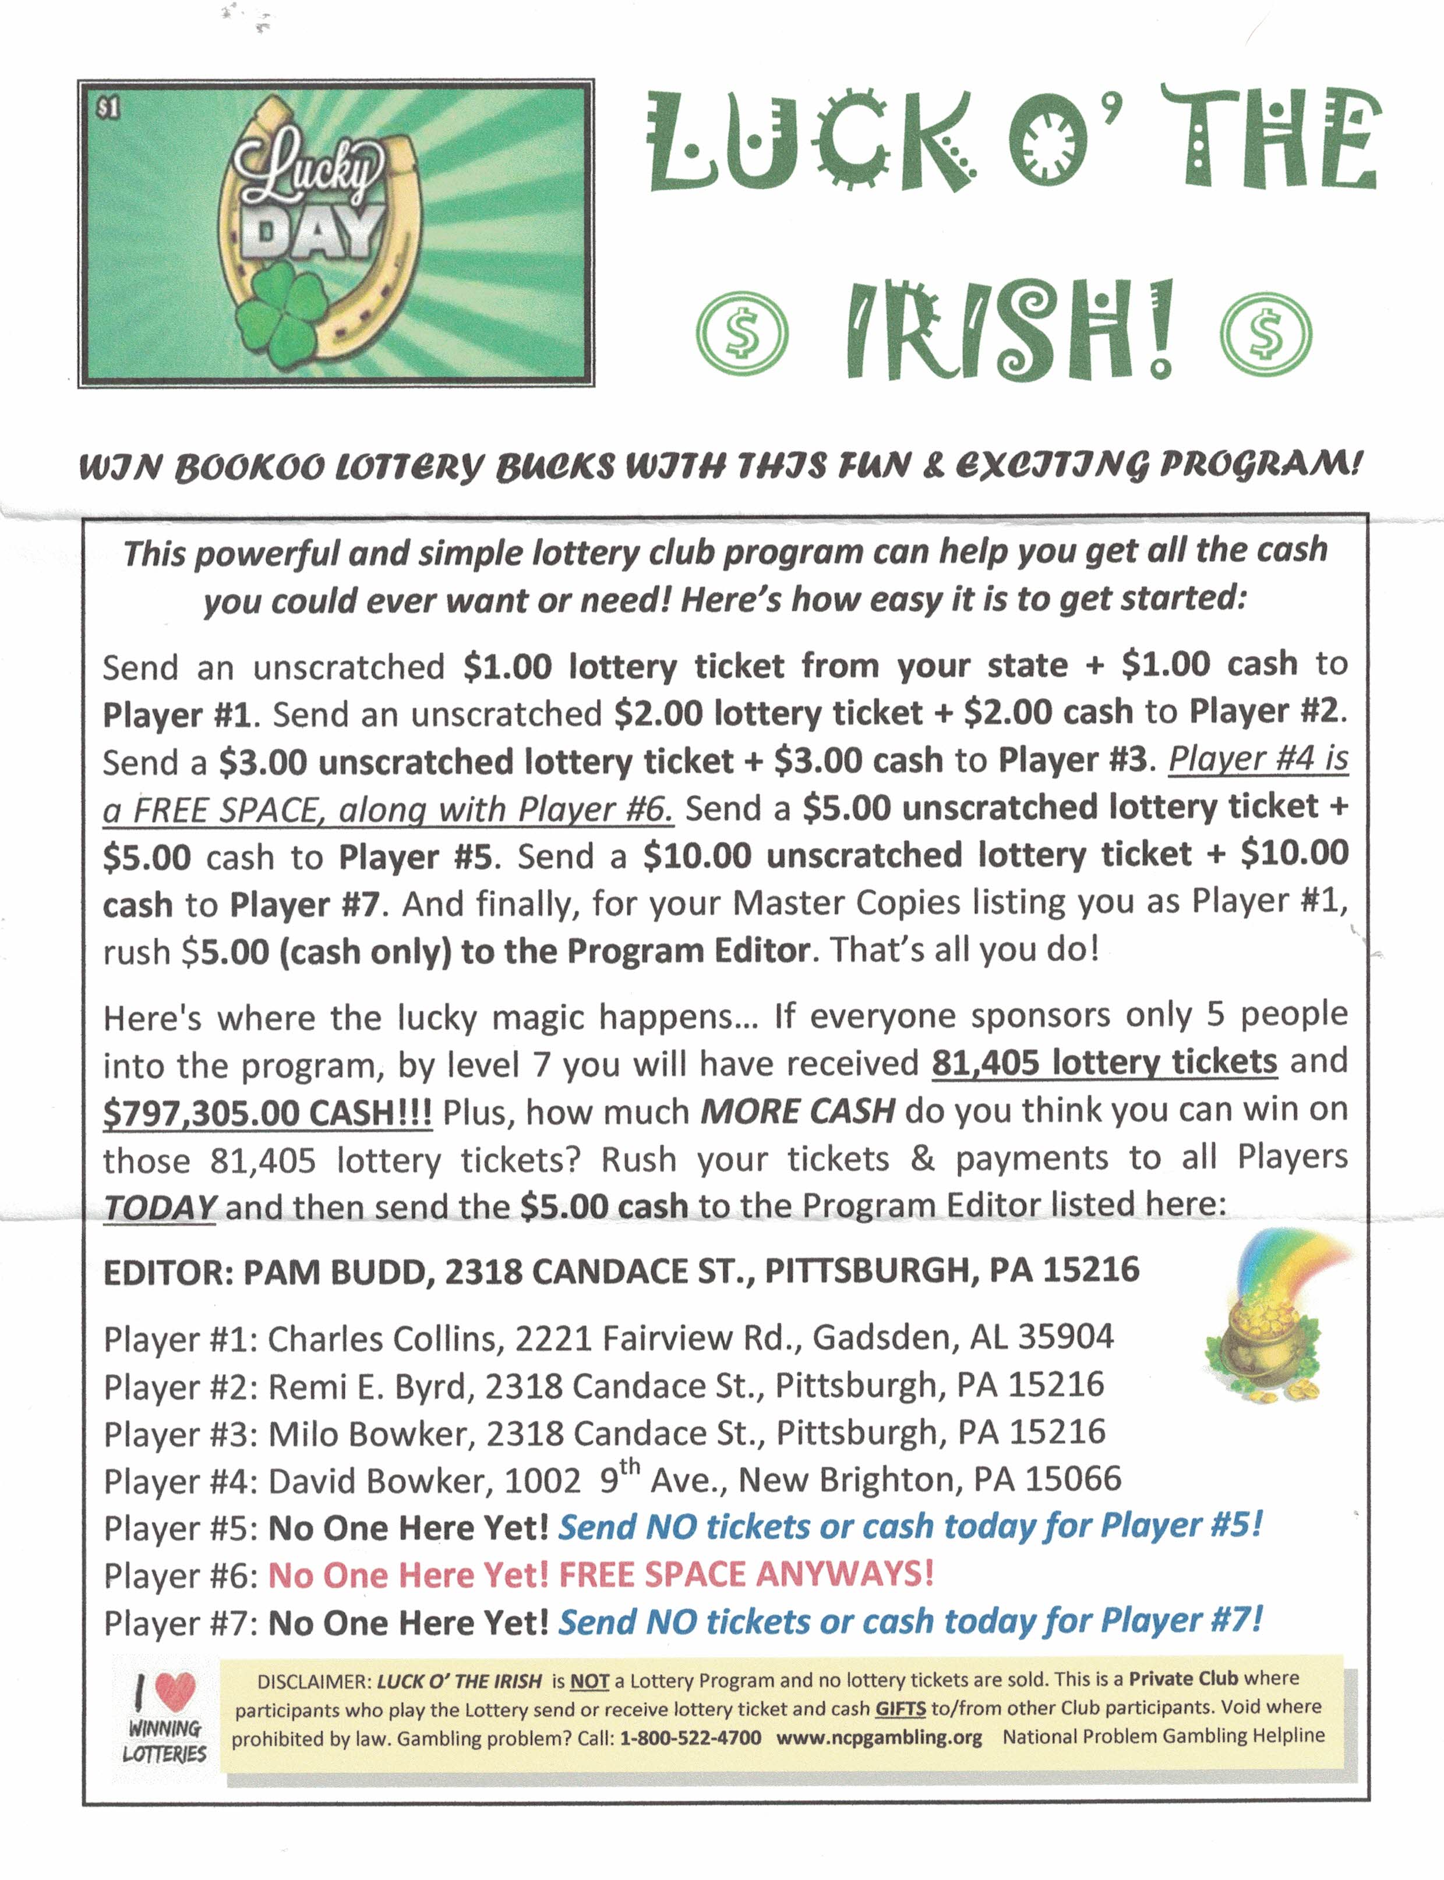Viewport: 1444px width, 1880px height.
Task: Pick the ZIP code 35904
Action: coord(1066,1337)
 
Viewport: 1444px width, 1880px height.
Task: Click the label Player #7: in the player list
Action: coord(181,1624)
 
